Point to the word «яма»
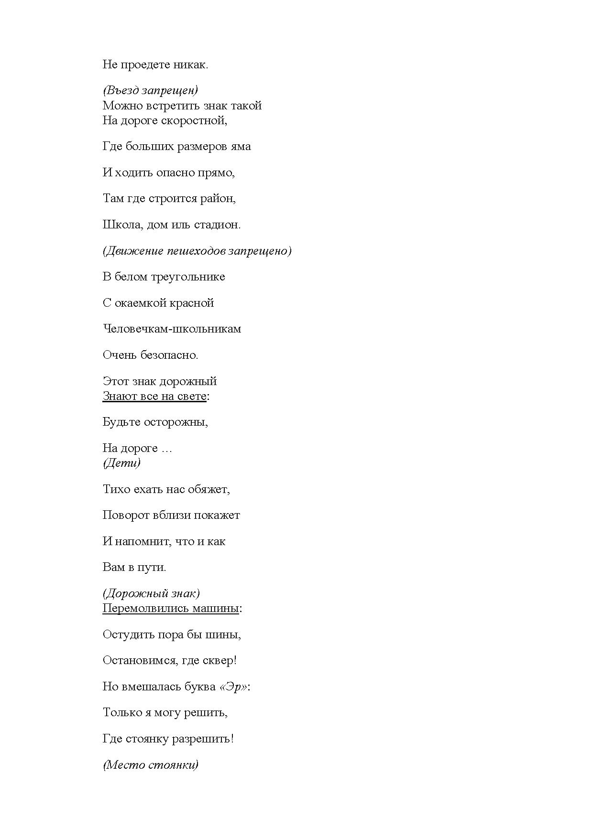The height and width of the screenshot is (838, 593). point(241,147)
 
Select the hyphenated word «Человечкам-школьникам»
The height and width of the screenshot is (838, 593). point(172,329)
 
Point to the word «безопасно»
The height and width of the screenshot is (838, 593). point(169,355)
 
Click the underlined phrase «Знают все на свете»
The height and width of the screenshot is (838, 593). point(154,396)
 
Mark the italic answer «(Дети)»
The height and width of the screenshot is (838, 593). point(121,463)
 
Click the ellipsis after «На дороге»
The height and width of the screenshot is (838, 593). point(166,449)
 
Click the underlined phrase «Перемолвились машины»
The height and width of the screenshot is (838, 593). point(171,609)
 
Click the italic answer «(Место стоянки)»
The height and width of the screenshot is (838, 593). point(151,765)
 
